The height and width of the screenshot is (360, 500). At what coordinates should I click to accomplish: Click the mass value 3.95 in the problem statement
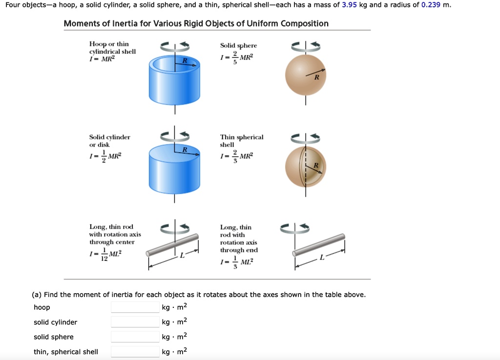(350, 5)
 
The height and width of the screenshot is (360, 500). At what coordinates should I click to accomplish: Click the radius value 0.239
(431, 5)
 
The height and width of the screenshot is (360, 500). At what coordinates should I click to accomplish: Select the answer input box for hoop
(135, 307)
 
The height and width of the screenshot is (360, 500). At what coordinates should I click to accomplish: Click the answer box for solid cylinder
(135, 322)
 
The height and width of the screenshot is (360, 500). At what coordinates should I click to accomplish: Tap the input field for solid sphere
(135, 337)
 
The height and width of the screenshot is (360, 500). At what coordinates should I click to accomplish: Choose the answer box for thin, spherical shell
(135, 352)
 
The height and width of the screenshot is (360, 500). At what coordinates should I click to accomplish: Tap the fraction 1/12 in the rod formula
(104, 255)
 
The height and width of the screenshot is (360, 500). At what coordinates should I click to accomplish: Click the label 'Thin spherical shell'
(241, 141)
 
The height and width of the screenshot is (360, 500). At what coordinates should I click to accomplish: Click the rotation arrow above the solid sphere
(306, 46)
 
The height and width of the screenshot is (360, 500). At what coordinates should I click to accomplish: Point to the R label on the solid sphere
(316, 77)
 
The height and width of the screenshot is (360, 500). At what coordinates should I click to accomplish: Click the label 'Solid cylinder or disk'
(109, 141)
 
